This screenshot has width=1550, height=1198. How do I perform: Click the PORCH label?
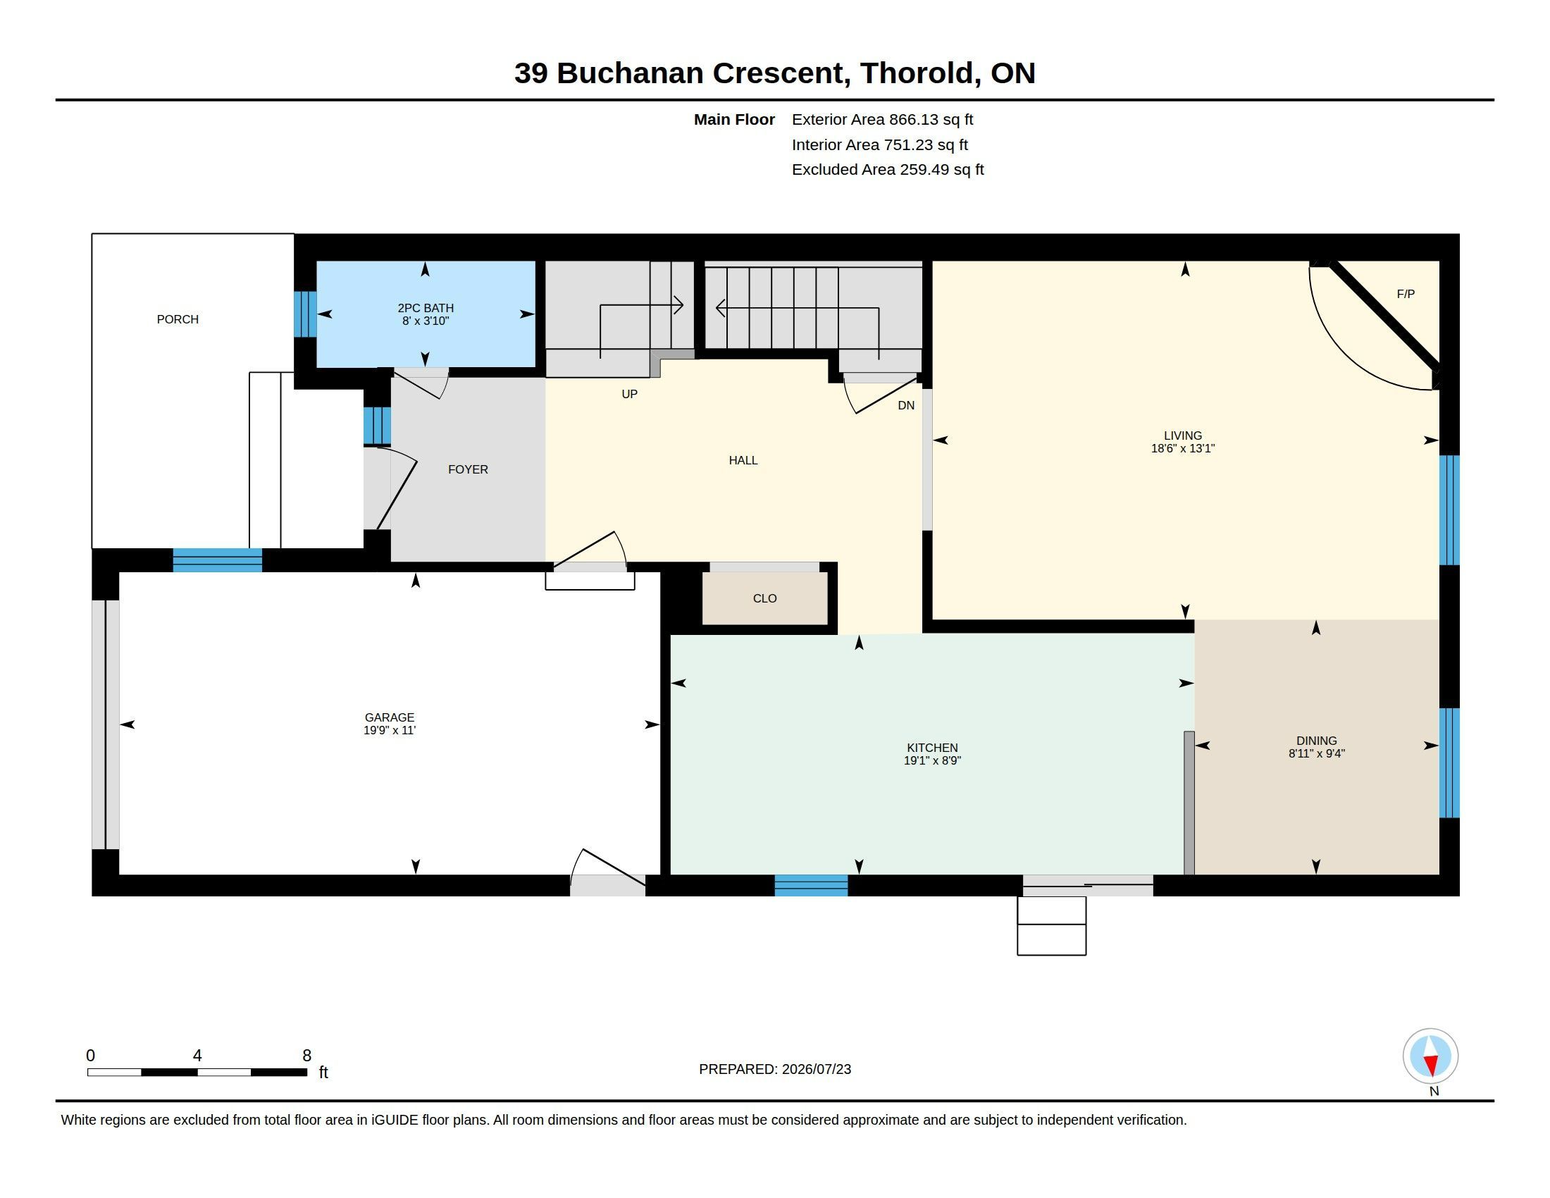click(178, 319)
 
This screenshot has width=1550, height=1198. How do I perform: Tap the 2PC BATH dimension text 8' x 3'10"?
click(425, 321)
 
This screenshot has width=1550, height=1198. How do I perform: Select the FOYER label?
click(468, 469)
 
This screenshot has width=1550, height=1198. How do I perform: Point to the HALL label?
click(743, 460)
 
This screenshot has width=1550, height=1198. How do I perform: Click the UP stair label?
click(629, 394)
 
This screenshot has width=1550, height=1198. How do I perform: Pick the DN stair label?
click(905, 405)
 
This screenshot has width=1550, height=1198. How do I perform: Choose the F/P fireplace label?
click(1406, 294)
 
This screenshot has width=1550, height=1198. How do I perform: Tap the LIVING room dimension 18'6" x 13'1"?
click(1182, 448)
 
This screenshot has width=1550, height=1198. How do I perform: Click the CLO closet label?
click(764, 598)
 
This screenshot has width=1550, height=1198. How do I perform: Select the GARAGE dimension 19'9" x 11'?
click(389, 730)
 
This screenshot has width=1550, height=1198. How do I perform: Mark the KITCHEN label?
click(932, 747)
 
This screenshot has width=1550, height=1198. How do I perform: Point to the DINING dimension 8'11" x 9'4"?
click(1317, 754)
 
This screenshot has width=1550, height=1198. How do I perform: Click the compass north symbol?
click(1430, 1056)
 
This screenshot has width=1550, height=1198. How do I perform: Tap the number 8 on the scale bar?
click(306, 1056)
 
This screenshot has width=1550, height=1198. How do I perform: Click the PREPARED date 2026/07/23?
click(816, 1069)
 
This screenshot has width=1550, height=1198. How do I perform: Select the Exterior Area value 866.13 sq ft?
click(931, 119)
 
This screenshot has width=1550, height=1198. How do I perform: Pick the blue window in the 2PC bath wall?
click(305, 314)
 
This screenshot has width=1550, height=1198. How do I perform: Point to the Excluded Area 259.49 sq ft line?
click(888, 170)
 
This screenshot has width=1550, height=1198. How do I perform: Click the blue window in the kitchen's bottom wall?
click(810, 885)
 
